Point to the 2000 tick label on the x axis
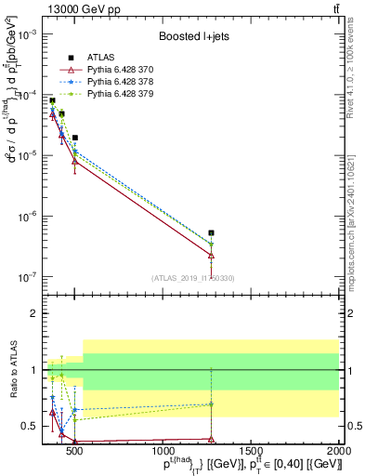(339, 451)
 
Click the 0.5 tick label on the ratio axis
(30, 427)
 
